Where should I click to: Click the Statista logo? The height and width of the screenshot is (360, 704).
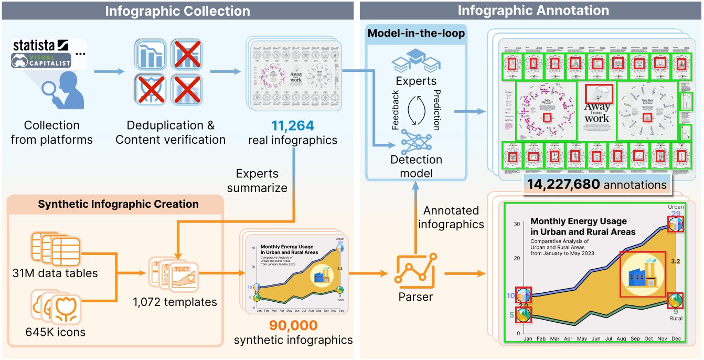pyautogui.click(x=40, y=44)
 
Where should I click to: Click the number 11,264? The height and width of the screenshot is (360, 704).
pyautogui.click(x=292, y=126)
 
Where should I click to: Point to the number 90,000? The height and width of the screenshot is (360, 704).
pyautogui.click(x=293, y=325)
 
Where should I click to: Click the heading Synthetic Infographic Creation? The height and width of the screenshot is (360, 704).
pyautogui.click(x=118, y=204)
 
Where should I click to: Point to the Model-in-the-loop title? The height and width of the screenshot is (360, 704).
pyautogui.click(x=416, y=34)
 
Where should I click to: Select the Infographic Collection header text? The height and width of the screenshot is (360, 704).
pyautogui.click(x=177, y=10)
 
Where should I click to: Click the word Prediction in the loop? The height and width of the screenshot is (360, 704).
pyautogui.click(x=436, y=109)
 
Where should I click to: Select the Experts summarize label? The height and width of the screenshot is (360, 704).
pyautogui.click(x=257, y=181)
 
